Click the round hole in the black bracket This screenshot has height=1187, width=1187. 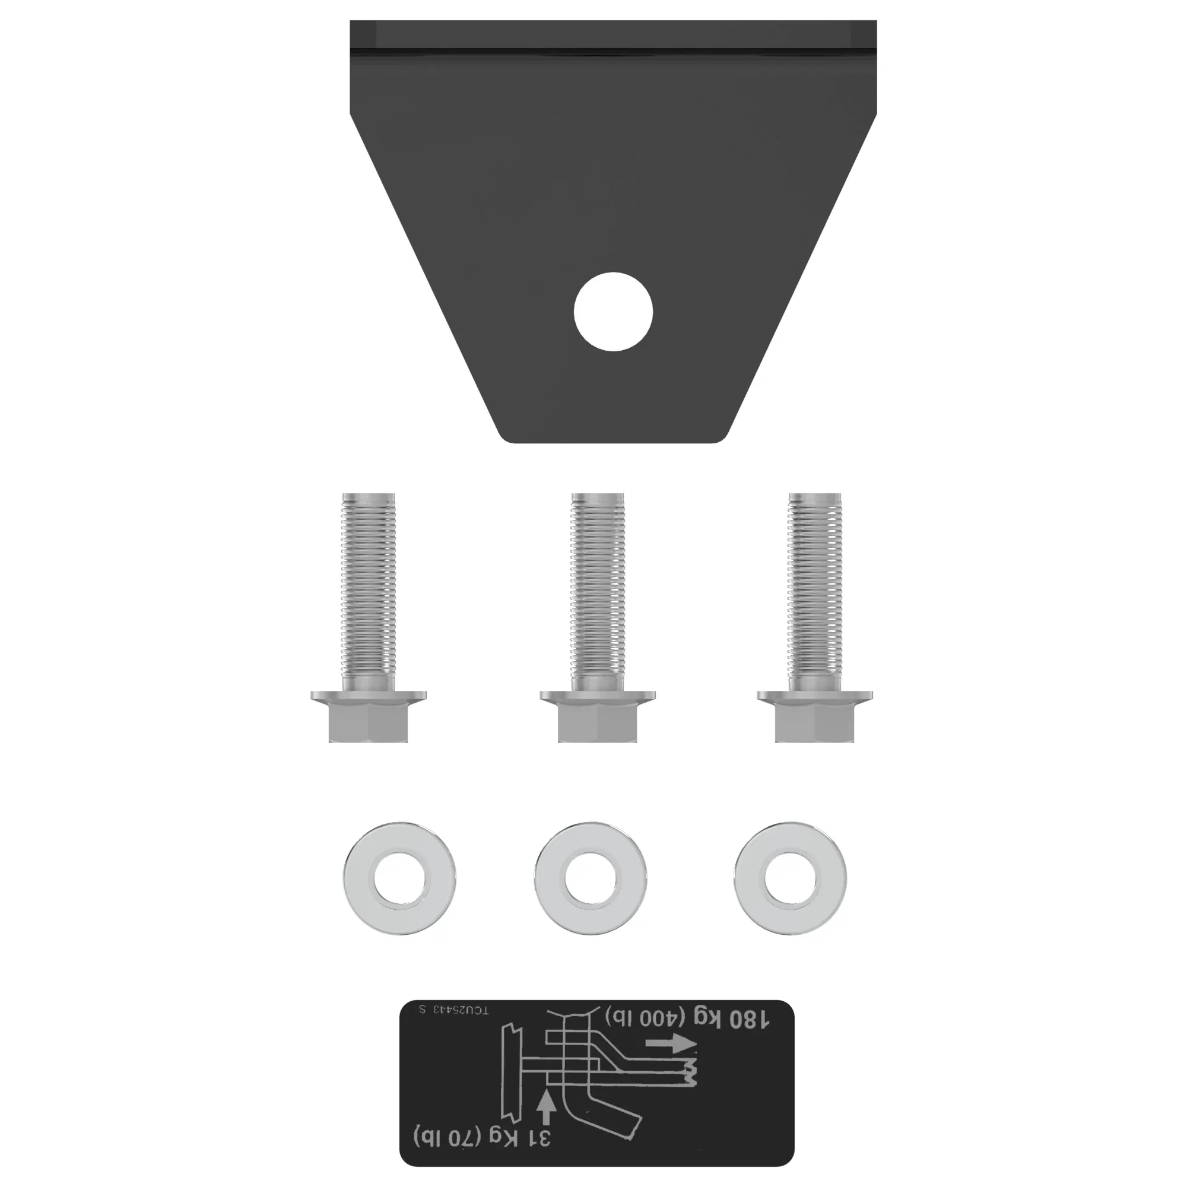coord(613,312)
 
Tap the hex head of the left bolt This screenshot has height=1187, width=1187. coord(368,723)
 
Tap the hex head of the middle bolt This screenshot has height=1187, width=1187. coord(597,723)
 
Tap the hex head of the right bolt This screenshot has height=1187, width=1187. coord(814,723)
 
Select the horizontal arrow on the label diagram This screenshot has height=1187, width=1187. coord(670,1043)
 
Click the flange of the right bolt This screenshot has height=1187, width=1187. coord(814,696)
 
